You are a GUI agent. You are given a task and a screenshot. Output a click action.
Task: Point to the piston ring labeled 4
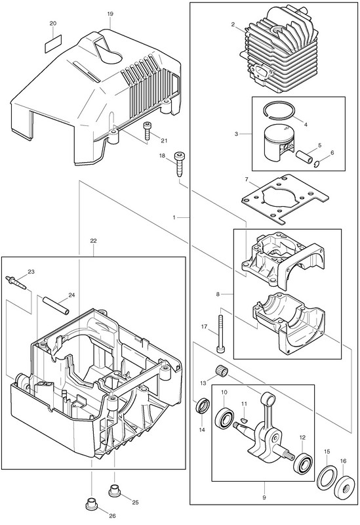(x=279, y=109)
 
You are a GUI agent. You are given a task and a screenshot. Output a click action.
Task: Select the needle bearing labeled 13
(x=219, y=371)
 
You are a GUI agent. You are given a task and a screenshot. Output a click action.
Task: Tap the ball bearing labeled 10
(x=223, y=417)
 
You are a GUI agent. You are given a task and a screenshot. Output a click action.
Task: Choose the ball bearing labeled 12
(x=302, y=463)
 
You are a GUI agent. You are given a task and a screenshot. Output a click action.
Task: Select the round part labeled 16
(x=343, y=485)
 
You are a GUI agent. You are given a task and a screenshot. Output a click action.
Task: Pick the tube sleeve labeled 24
(x=55, y=304)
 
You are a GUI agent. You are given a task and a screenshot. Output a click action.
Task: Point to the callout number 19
(x=110, y=14)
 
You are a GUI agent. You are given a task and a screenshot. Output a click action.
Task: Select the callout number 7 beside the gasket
(x=247, y=179)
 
